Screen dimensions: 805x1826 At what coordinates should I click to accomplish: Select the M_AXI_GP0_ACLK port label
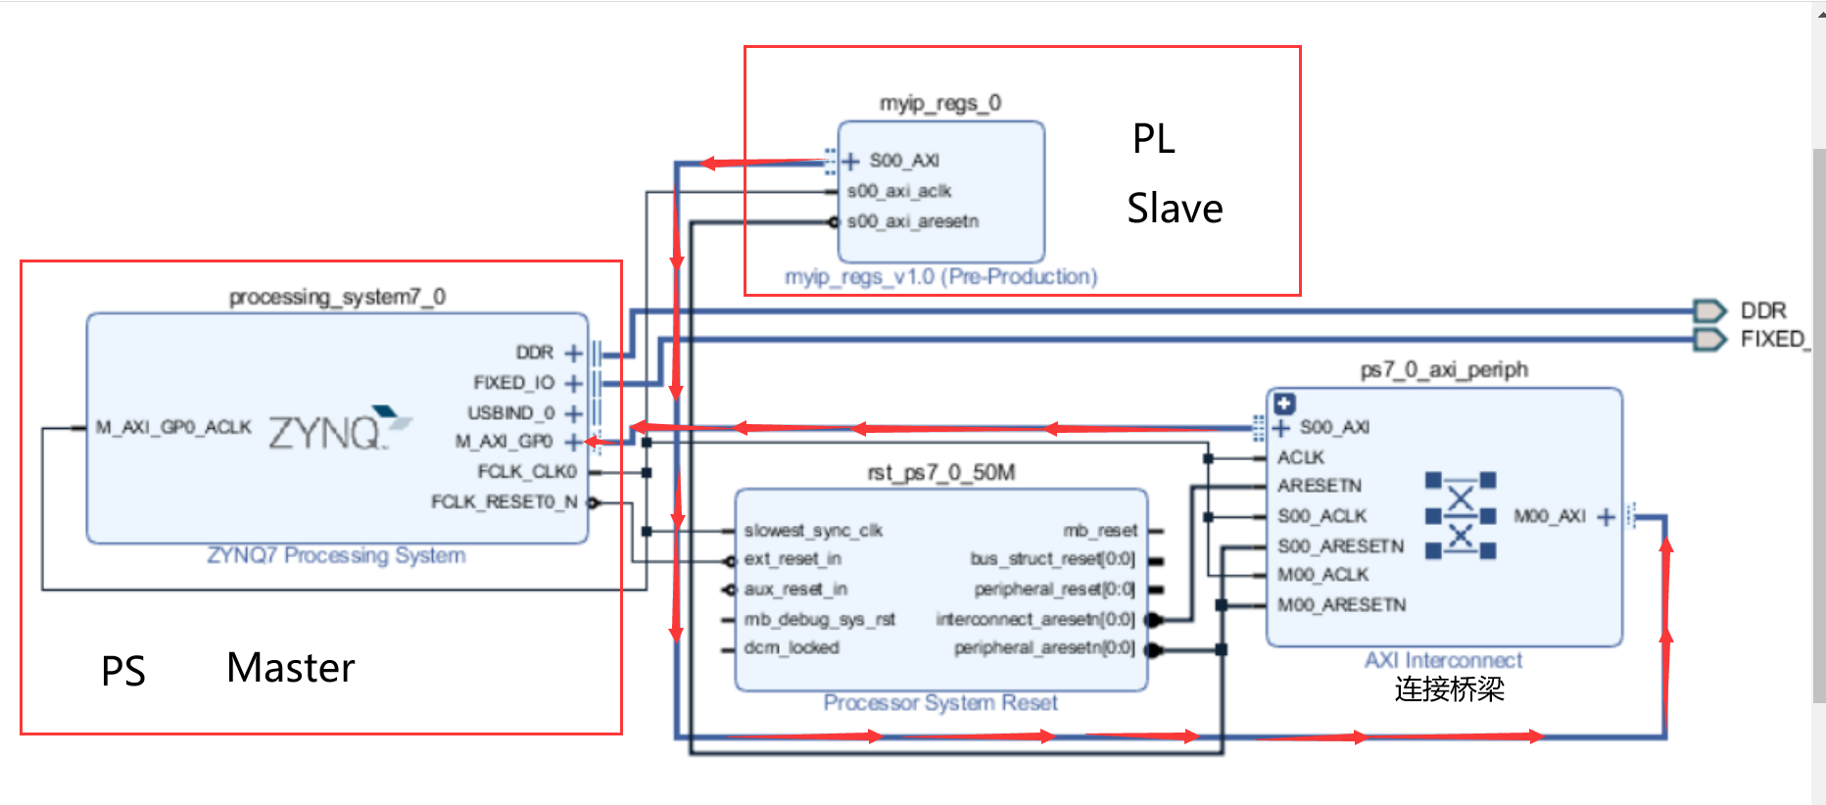(173, 427)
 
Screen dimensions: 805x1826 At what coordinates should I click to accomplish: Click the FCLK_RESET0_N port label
(504, 501)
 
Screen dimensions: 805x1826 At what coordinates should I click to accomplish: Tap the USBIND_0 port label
(510, 412)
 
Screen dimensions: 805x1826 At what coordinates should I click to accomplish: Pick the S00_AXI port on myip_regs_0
(903, 161)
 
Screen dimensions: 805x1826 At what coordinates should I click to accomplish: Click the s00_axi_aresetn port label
(912, 221)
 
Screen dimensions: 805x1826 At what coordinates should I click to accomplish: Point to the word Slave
(1175, 209)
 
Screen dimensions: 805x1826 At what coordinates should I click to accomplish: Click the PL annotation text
(1153, 139)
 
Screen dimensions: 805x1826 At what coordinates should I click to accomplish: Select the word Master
(290, 668)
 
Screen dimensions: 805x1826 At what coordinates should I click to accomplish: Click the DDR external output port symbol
(1709, 310)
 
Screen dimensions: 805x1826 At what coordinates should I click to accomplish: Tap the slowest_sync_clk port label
(813, 530)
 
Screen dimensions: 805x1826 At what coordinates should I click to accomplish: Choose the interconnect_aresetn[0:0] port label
(1034, 619)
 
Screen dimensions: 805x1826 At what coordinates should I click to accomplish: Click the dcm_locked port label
(791, 647)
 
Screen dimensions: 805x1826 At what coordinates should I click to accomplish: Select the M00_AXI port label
(1549, 516)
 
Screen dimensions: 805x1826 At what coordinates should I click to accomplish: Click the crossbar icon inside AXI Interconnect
(1460, 515)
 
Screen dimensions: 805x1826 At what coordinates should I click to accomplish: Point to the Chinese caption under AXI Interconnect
(1449, 689)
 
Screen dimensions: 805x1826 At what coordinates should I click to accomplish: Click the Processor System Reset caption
(939, 702)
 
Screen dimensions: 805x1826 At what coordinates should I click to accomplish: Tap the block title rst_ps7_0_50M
(940, 473)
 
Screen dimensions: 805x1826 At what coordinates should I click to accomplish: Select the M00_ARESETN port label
(1340, 605)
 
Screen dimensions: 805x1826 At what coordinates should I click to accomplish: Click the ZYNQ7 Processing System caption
(336, 555)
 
